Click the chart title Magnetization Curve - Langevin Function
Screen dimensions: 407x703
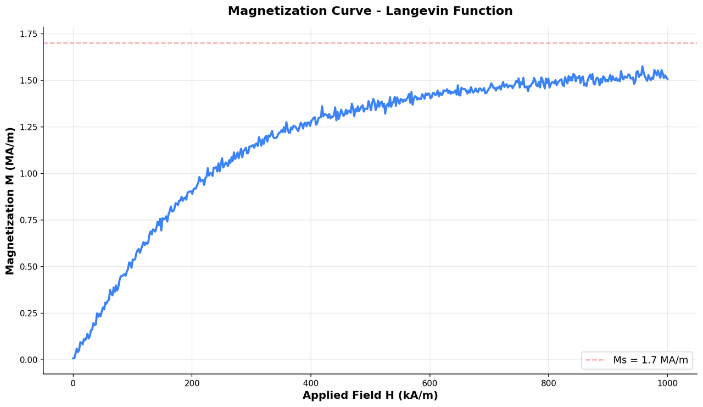tap(370, 11)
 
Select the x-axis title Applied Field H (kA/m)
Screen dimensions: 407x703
tap(370, 395)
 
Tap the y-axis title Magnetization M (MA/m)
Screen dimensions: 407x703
tap(10, 201)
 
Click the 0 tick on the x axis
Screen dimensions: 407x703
tap(73, 383)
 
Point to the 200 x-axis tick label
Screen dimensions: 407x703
tap(192, 383)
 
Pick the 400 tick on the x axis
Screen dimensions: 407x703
tap(311, 383)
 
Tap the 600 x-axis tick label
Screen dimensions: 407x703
tap(429, 383)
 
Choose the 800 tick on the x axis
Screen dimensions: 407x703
tap(548, 383)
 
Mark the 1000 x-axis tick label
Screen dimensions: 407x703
tap(667, 383)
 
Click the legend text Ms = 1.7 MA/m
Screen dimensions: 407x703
tap(650, 360)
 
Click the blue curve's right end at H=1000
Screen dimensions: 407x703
tap(667, 79)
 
